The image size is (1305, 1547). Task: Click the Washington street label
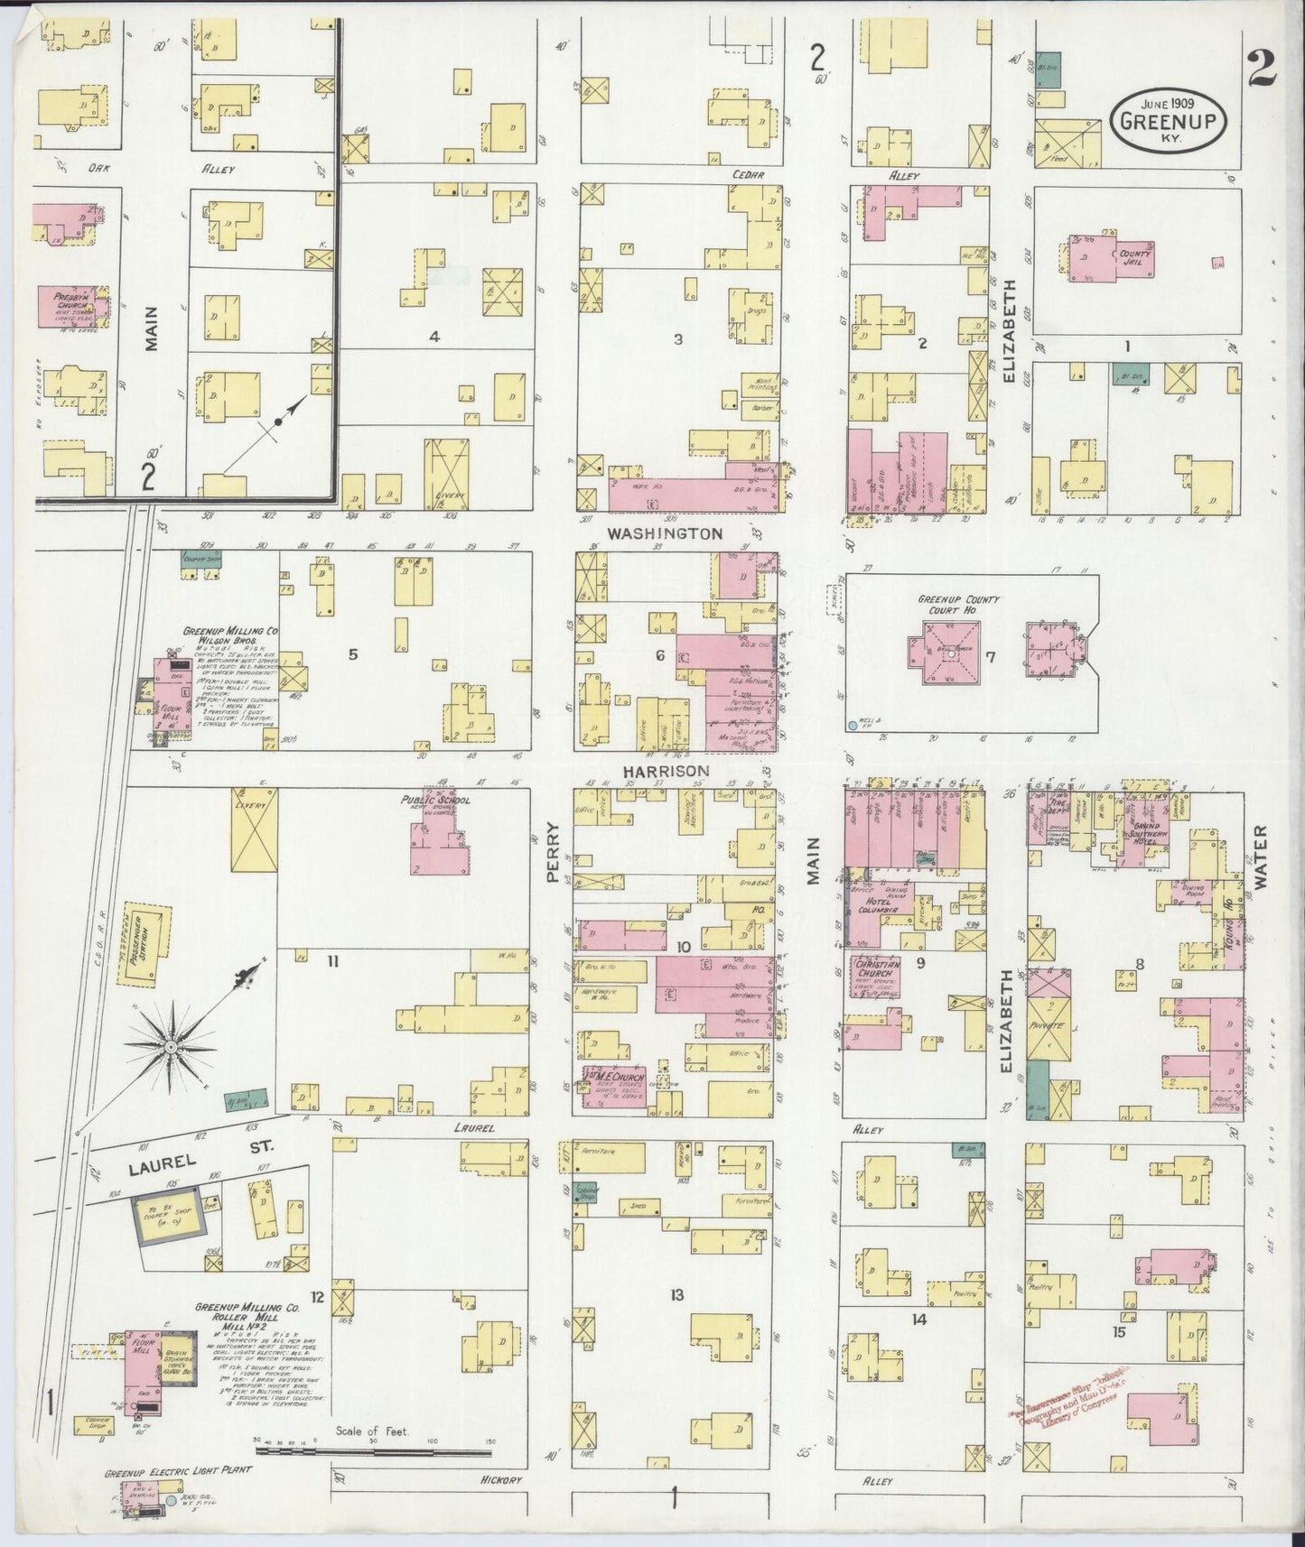tap(665, 533)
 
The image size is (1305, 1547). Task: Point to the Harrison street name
tap(665, 772)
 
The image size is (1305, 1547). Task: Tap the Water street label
tap(1261, 857)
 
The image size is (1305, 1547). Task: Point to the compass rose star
tap(170, 1047)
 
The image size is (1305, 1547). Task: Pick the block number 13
tap(676, 1296)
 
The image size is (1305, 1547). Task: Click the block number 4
tap(433, 338)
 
